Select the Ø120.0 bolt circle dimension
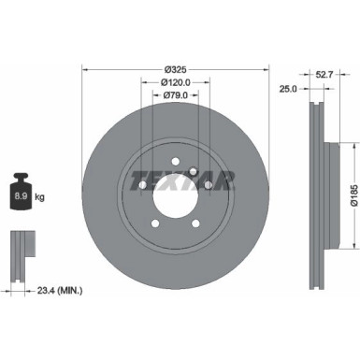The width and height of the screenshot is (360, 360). pyautogui.click(x=175, y=81)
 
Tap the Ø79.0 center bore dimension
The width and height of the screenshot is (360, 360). pyautogui.click(x=175, y=94)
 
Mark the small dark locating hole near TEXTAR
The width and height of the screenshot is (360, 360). pyautogui.click(x=192, y=170)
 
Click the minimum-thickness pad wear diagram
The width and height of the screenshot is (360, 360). pyautogui.click(x=22, y=247)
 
